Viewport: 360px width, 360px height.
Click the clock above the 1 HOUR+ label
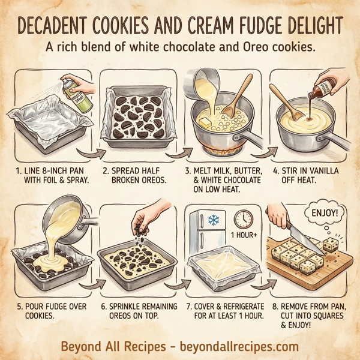(x=243, y=218)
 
